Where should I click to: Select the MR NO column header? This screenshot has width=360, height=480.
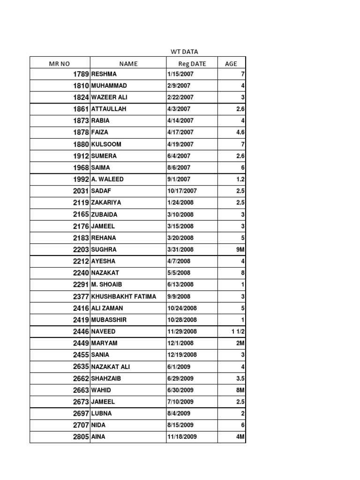point(60,63)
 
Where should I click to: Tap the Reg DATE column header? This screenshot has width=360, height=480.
point(192,63)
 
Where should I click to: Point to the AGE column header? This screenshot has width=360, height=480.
point(231,63)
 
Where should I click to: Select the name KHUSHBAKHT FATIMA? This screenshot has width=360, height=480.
point(124,296)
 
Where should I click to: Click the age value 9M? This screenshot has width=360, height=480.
point(240,249)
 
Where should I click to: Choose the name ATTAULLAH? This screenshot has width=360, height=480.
point(109,109)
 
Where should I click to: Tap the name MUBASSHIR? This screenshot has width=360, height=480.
point(110,320)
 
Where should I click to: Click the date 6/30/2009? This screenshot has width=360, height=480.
point(181,390)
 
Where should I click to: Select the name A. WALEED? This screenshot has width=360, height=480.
point(107,179)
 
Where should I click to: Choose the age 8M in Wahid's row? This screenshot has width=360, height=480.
point(240,390)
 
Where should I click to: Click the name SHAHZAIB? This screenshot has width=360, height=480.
point(107,378)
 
